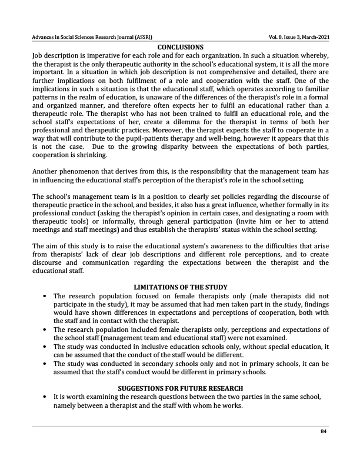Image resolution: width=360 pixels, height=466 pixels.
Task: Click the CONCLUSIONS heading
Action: tap(180, 46)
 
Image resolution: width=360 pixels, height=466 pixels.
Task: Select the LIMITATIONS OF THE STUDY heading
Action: tap(180, 287)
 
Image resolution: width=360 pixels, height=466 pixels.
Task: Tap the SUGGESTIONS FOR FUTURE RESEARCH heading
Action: tap(180, 388)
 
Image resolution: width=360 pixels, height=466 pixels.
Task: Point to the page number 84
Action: tap(323, 431)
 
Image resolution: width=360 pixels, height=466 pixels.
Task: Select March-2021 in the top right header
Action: tap(312, 38)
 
